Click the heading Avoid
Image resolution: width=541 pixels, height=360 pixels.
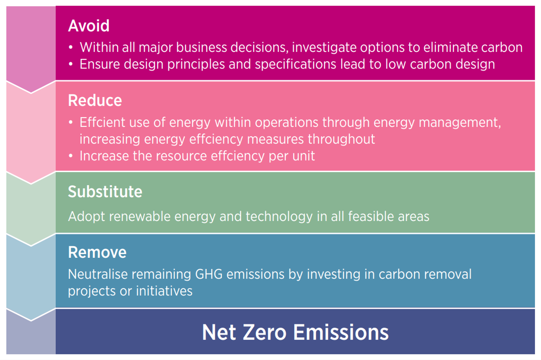pyautogui.click(x=89, y=26)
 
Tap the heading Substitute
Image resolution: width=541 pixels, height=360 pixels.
pyautogui.click(x=105, y=192)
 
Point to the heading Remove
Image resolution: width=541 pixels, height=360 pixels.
pyautogui.click(x=97, y=252)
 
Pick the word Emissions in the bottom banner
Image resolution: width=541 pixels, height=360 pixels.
pyautogui.click(x=341, y=332)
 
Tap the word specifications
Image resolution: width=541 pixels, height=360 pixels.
pyautogui.click(x=296, y=64)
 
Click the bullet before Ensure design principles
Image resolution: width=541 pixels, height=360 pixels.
pyautogui.click(x=71, y=64)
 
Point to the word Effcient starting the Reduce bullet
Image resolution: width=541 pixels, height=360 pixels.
pyautogui.click(x=102, y=122)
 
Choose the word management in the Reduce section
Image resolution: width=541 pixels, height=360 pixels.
pyautogui.click(x=460, y=123)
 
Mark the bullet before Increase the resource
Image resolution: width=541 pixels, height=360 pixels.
pyautogui.click(x=71, y=156)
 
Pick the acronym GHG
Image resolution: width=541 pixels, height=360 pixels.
pyautogui.click(x=209, y=274)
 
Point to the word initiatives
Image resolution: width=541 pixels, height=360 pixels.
pyautogui.click(x=164, y=291)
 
